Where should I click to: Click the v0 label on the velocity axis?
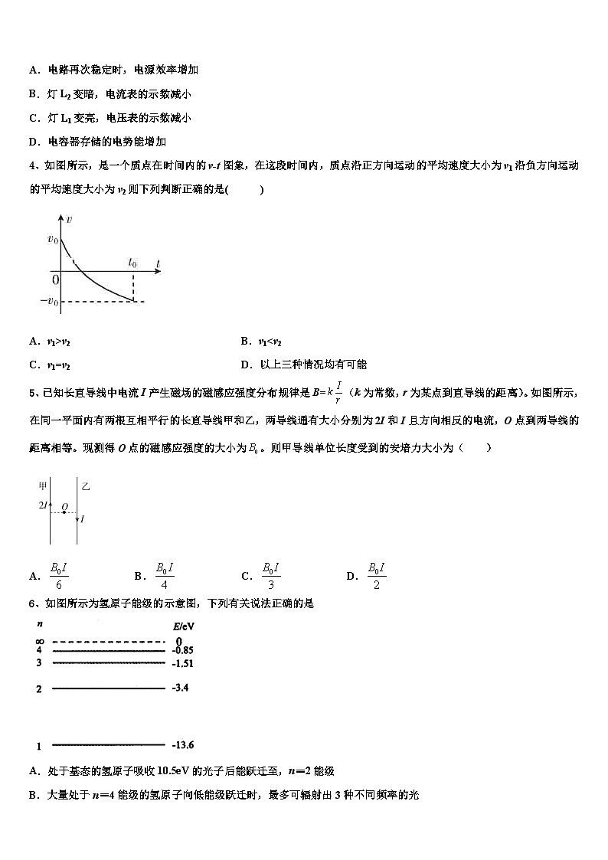52,239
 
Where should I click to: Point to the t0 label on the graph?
132,263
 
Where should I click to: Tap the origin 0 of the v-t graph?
55,280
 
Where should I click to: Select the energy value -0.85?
181,650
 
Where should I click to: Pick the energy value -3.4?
180,688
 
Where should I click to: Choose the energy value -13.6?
183,744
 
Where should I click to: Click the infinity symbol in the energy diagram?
39,641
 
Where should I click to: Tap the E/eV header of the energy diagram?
183,626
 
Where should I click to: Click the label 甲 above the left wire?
43,486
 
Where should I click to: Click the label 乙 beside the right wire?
86,486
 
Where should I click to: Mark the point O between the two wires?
64,507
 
